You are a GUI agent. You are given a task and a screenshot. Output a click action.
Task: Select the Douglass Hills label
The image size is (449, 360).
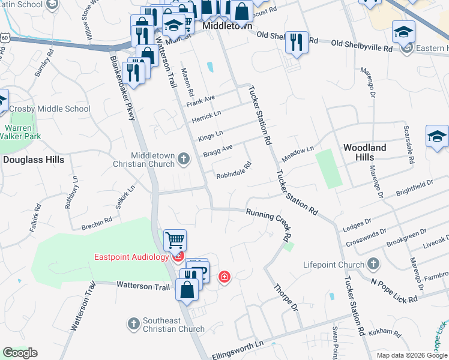(x=34, y=160)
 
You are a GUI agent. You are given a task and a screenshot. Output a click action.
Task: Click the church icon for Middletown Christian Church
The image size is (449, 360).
(x=184, y=159)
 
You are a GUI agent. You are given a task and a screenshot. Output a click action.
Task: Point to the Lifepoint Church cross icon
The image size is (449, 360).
(x=373, y=264)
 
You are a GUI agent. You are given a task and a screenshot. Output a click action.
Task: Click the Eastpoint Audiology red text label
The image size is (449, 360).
(x=131, y=257)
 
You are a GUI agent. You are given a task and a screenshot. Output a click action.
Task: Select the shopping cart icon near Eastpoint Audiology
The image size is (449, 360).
(x=175, y=240)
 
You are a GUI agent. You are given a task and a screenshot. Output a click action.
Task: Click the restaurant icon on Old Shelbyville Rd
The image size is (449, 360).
(x=296, y=42)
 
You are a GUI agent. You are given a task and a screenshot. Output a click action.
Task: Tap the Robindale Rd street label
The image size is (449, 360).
(x=234, y=171)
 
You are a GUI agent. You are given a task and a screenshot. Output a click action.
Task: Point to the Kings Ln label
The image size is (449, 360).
(x=211, y=134)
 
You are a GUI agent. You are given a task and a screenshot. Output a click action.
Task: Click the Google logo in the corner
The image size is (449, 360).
(x=20, y=353)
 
